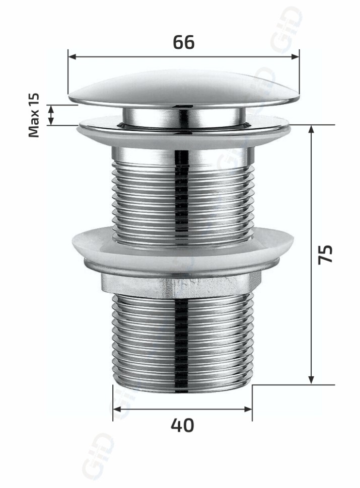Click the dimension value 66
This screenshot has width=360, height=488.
[x=183, y=43]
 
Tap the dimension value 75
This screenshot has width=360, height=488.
[x=326, y=254]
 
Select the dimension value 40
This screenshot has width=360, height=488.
[x=182, y=425]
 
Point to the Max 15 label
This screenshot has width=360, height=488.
[x=34, y=115]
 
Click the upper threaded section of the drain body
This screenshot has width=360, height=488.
[x=182, y=201]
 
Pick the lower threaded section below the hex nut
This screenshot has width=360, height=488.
[x=182, y=337]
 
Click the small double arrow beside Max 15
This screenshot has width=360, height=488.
[x=51, y=115]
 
